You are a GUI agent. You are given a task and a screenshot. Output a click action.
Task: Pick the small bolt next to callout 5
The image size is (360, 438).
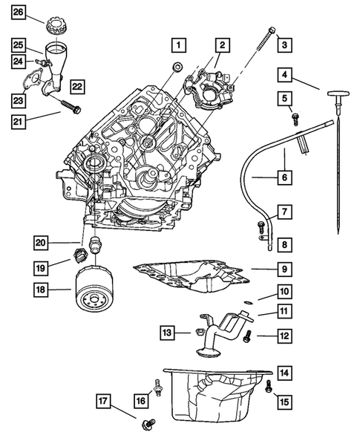[x=296, y=117]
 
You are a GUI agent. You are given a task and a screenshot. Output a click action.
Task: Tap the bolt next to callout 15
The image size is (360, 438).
[x=268, y=385]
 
